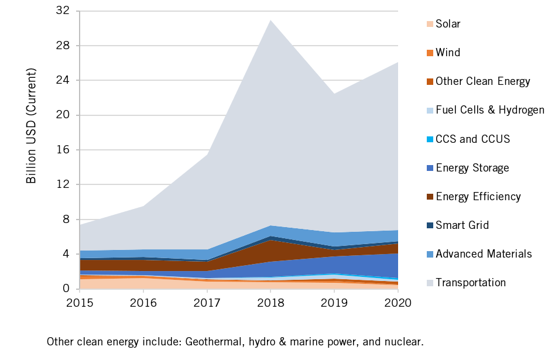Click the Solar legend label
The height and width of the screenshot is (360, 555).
pyautogui.click(x=448, y=24)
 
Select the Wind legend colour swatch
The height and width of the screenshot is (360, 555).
pyautogui.click(x=430, y=53)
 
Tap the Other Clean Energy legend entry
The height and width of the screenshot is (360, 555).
pyautogui.click(x=483, y=81)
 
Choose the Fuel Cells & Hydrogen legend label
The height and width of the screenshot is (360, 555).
pyautogui.click(x=490, y=110)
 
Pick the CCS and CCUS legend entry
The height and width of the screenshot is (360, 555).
pyautogui.click(x=472, y=139)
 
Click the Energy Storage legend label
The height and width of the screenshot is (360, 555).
pyautogui.click(x=472, y=168)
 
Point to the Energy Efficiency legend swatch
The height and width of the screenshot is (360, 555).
pyautogui.click(x=430, y=197)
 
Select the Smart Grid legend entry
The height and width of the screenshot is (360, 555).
pyautogui.click(x=462, y=225)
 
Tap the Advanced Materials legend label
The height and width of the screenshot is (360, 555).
pyautogui.click(x=484, y=254)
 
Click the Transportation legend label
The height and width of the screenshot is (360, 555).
pyautogui.click(x=471, y=283)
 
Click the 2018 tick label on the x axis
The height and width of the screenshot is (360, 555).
pyautogui.click(x=270, y=303)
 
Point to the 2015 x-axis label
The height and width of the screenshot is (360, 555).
pyautogui.click(x=80, y=303)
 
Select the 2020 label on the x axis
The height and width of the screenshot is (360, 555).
pyautogui.click(x=398, y=303)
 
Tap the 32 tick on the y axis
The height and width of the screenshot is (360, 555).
pyautogui.click(x=64, y=11)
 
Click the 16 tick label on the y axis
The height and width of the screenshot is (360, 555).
pyautogui.click(x=64, y=150)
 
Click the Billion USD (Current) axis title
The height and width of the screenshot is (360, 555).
pyautogui.click(x=32, y=126)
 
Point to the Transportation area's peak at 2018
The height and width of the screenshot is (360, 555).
pyautogui.click(x=270, y=20)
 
